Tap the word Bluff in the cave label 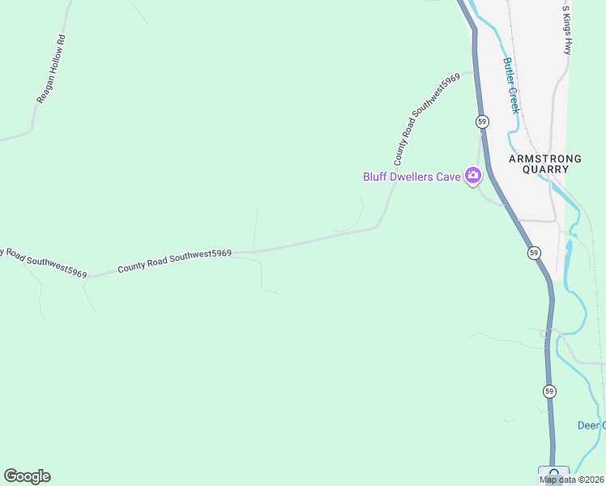[x=376, y=176]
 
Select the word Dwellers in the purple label [x=413, y=176]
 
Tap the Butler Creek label [x=510, y=85]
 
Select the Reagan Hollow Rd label [x=50, y=69]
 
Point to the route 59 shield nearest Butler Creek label [x=482, y=122]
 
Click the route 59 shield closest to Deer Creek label [x=550, y=391]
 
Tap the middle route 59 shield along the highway [x=534, y=253]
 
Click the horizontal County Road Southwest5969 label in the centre [x=174, y=260]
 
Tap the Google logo [x=27, y=476]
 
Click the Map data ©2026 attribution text [x=572, y=480]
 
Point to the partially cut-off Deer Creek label [x=591, y=425]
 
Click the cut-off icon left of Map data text [x=553, y=475]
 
